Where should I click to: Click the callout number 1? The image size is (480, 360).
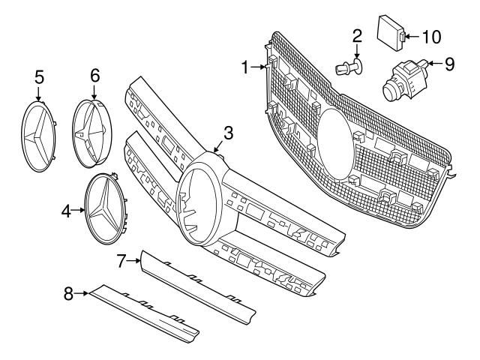tap(244, 67)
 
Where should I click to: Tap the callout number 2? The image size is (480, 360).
tap(357, 34)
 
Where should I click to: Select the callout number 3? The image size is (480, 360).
tap(228, 133)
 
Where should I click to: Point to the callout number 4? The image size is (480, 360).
tap(65, 211)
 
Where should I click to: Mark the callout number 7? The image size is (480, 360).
tap(121, 260)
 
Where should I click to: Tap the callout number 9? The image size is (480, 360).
tap(448, 64)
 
